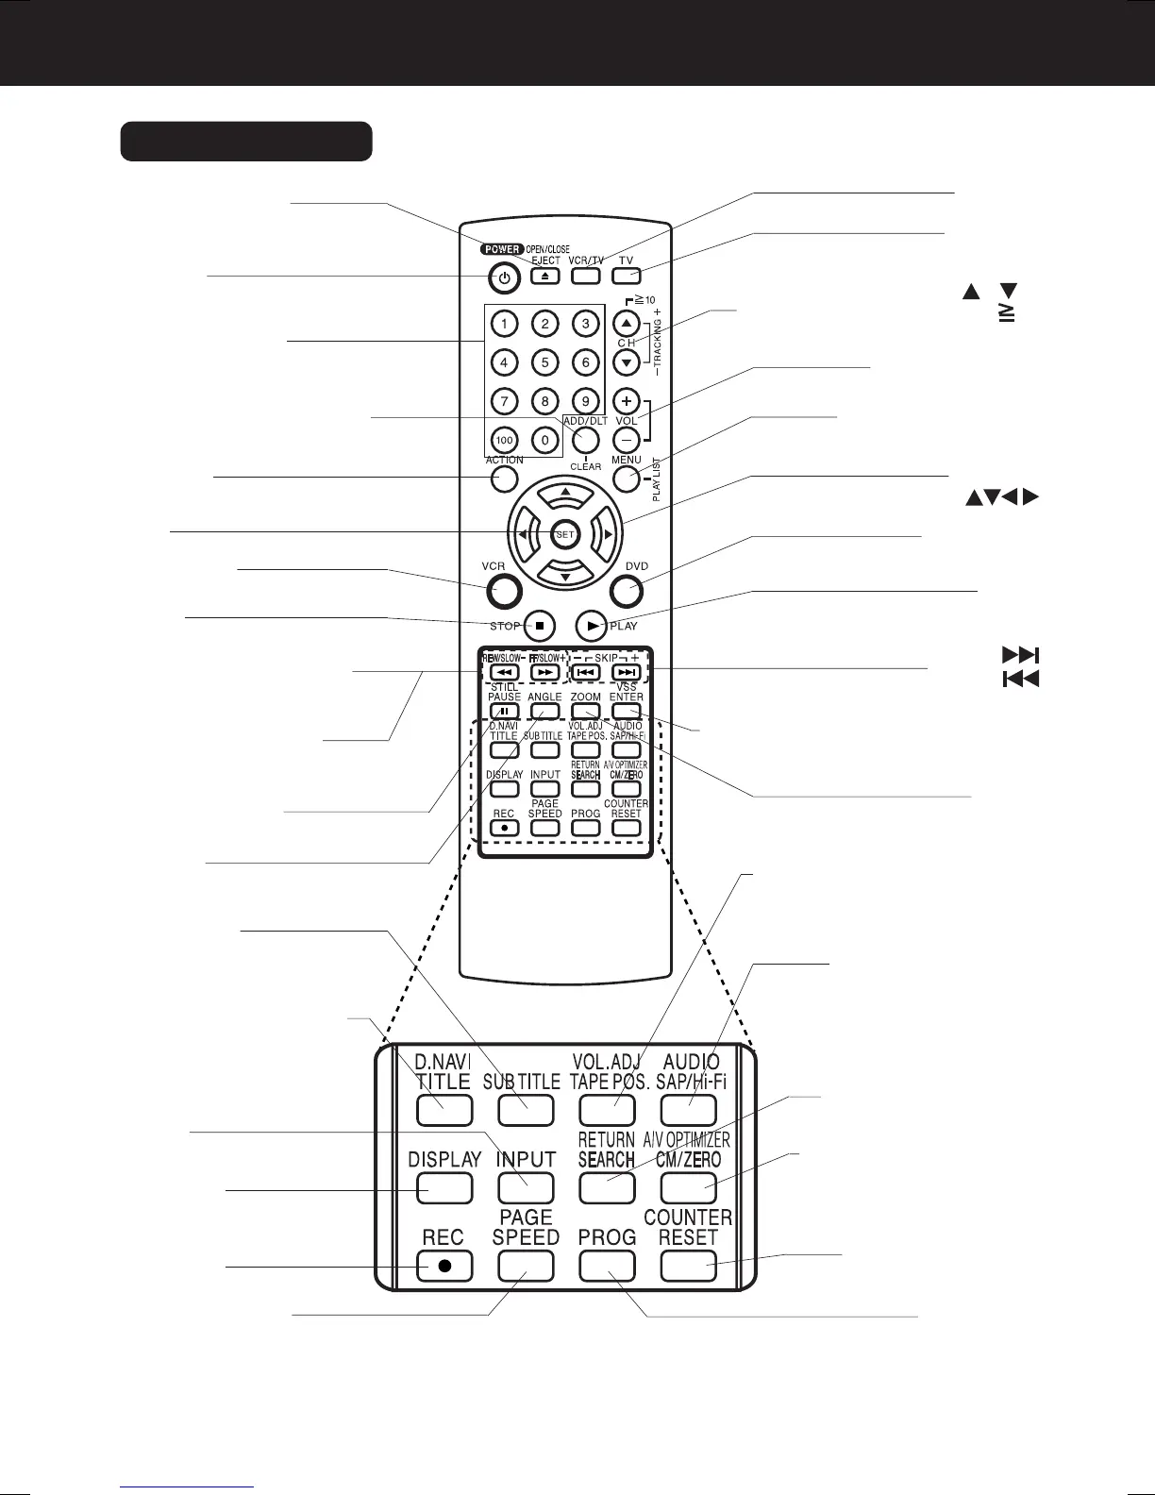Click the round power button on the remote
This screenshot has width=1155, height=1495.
coord(505,278)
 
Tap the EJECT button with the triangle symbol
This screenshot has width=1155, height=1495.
coord(544,277)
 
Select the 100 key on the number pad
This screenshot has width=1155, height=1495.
coord(505,440)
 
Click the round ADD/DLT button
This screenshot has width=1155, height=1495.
coord(586,440)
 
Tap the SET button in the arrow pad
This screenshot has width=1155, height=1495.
coord(564,534)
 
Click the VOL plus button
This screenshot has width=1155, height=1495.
coord(627,400)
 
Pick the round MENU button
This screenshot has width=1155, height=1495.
coord(627,479)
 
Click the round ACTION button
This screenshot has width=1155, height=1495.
coord(505,479)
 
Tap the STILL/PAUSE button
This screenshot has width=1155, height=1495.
coord(504,712)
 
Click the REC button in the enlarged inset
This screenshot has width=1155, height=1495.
coord(444,1266)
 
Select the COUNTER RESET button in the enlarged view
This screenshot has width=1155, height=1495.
coord(689,1266)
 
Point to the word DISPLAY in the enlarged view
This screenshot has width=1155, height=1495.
coord(444,1159)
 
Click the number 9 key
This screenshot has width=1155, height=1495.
coord(586,401)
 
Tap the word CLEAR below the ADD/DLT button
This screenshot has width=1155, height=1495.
coord(586,466)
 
